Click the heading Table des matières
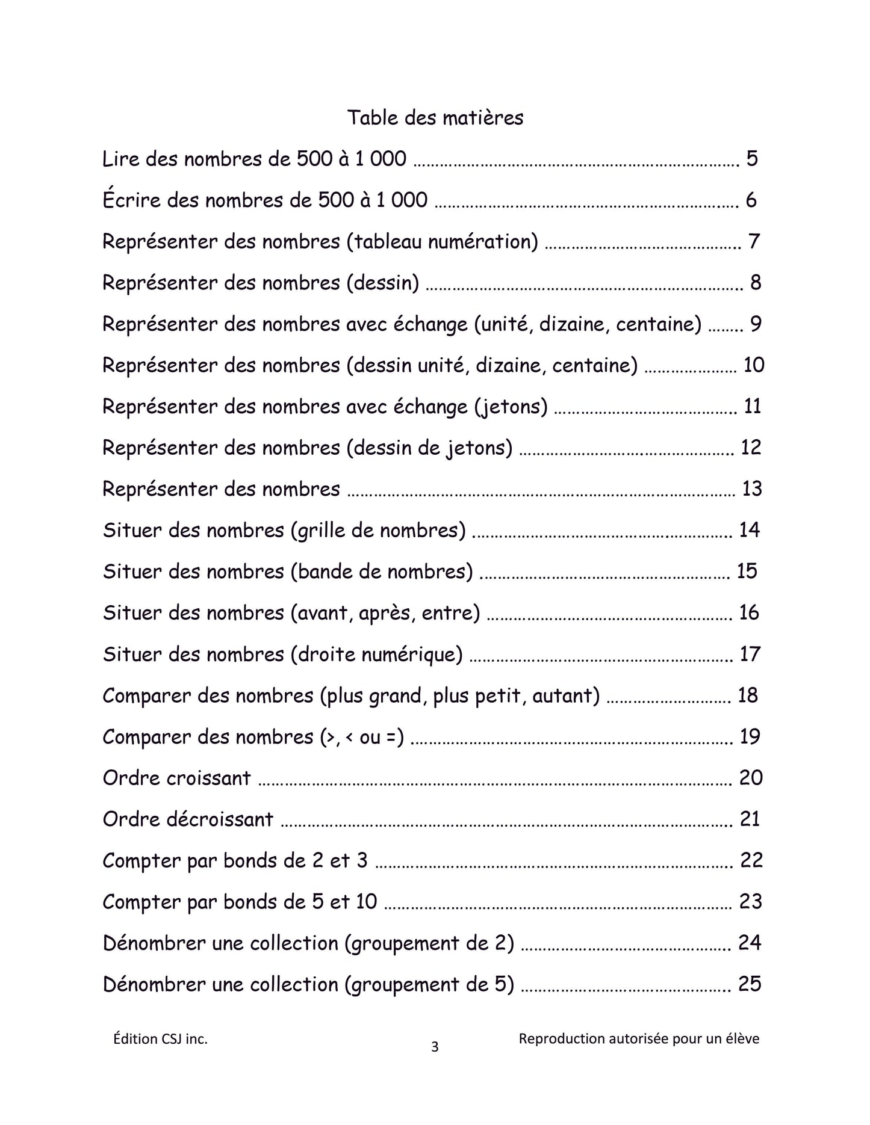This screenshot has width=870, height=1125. coord(435,117)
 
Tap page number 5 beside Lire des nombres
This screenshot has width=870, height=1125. coord(751,159)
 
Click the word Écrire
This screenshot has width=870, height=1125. coord(132,200)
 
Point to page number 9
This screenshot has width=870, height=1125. coord(756,324)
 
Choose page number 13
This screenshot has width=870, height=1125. coord(752,489)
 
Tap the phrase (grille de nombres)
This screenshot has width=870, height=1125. coord(378,531)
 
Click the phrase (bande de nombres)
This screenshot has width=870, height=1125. coord(382,572)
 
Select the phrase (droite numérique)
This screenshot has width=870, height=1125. coord(376,654)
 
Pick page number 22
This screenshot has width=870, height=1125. coord(751,860)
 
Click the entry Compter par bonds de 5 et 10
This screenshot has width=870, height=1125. coord(240,902)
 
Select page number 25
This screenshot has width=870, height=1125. coord(750,984)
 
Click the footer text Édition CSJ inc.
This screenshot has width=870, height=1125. coord(160,1039)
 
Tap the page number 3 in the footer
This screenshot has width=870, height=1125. coord(435,1047)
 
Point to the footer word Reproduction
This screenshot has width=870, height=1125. coord(561,1039)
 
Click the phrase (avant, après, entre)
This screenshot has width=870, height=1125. coord(385,613)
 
